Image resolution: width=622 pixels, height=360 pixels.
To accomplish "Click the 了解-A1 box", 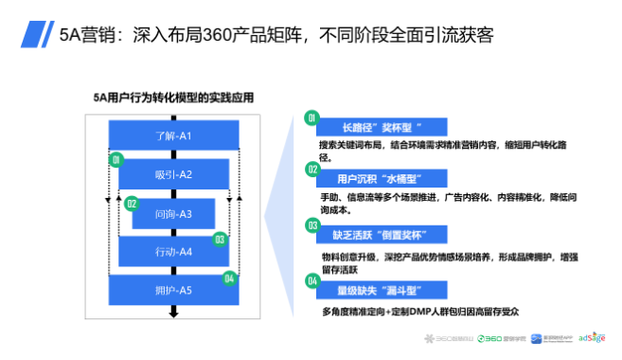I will pos(173,135).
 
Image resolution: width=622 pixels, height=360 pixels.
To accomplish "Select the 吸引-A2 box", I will pos(173,173).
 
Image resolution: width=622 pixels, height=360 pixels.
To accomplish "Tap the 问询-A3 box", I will pos(173,213).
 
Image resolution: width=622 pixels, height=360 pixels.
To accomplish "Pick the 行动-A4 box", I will pos(173,252).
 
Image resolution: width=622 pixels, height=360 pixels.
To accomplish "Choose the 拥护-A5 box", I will pos(173,290).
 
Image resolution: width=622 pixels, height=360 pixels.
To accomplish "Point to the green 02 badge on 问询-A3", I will pos(133,202).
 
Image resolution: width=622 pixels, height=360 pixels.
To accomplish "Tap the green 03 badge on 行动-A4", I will pos(219,240).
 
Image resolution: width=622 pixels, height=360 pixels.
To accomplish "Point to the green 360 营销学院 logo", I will pos(500,338).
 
